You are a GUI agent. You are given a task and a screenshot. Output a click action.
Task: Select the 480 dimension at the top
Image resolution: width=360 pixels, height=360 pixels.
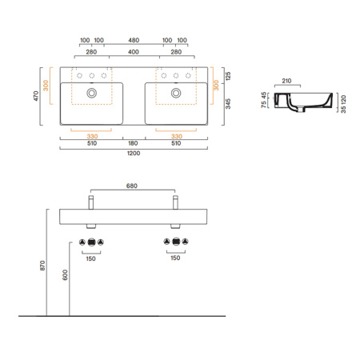pyautogui.click(x=133, y=40)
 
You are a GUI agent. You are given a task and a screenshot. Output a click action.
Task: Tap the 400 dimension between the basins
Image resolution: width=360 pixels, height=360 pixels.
pyautogui.click(x=133, y=52)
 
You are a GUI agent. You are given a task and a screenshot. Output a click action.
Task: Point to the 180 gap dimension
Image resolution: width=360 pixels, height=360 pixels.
pyautogui.click(x=133, y=144)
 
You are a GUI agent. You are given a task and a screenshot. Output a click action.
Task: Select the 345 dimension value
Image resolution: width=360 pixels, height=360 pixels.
pyautogui.click(x=228, y=105)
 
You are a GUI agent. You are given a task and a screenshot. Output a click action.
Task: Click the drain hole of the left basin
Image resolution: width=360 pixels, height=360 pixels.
pyautogui.click(x=92, y=94)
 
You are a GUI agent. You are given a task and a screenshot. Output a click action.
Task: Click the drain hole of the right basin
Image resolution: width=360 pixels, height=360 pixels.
pyautogui.click(x=174, y=94)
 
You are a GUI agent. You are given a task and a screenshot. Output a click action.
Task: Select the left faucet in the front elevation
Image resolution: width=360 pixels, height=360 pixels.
pyautogui.click(x=92, y=199)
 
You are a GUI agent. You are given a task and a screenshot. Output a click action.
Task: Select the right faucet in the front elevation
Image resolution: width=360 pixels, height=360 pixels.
pyautogui.click(x=174, y=199)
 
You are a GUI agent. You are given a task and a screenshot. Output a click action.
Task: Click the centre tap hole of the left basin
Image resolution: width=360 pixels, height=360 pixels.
pyautogui.click(x=92, y=76)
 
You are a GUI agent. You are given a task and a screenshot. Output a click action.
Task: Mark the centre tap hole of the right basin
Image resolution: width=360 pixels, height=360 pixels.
pyautogui.click(x=174, y=76)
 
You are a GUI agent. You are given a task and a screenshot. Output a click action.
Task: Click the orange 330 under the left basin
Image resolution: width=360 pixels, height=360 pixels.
pyautogui.click(x=92, y=135)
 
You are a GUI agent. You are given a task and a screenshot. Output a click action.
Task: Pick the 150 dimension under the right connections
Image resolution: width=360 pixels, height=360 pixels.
pyautogui.click(x=174, y=258)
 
